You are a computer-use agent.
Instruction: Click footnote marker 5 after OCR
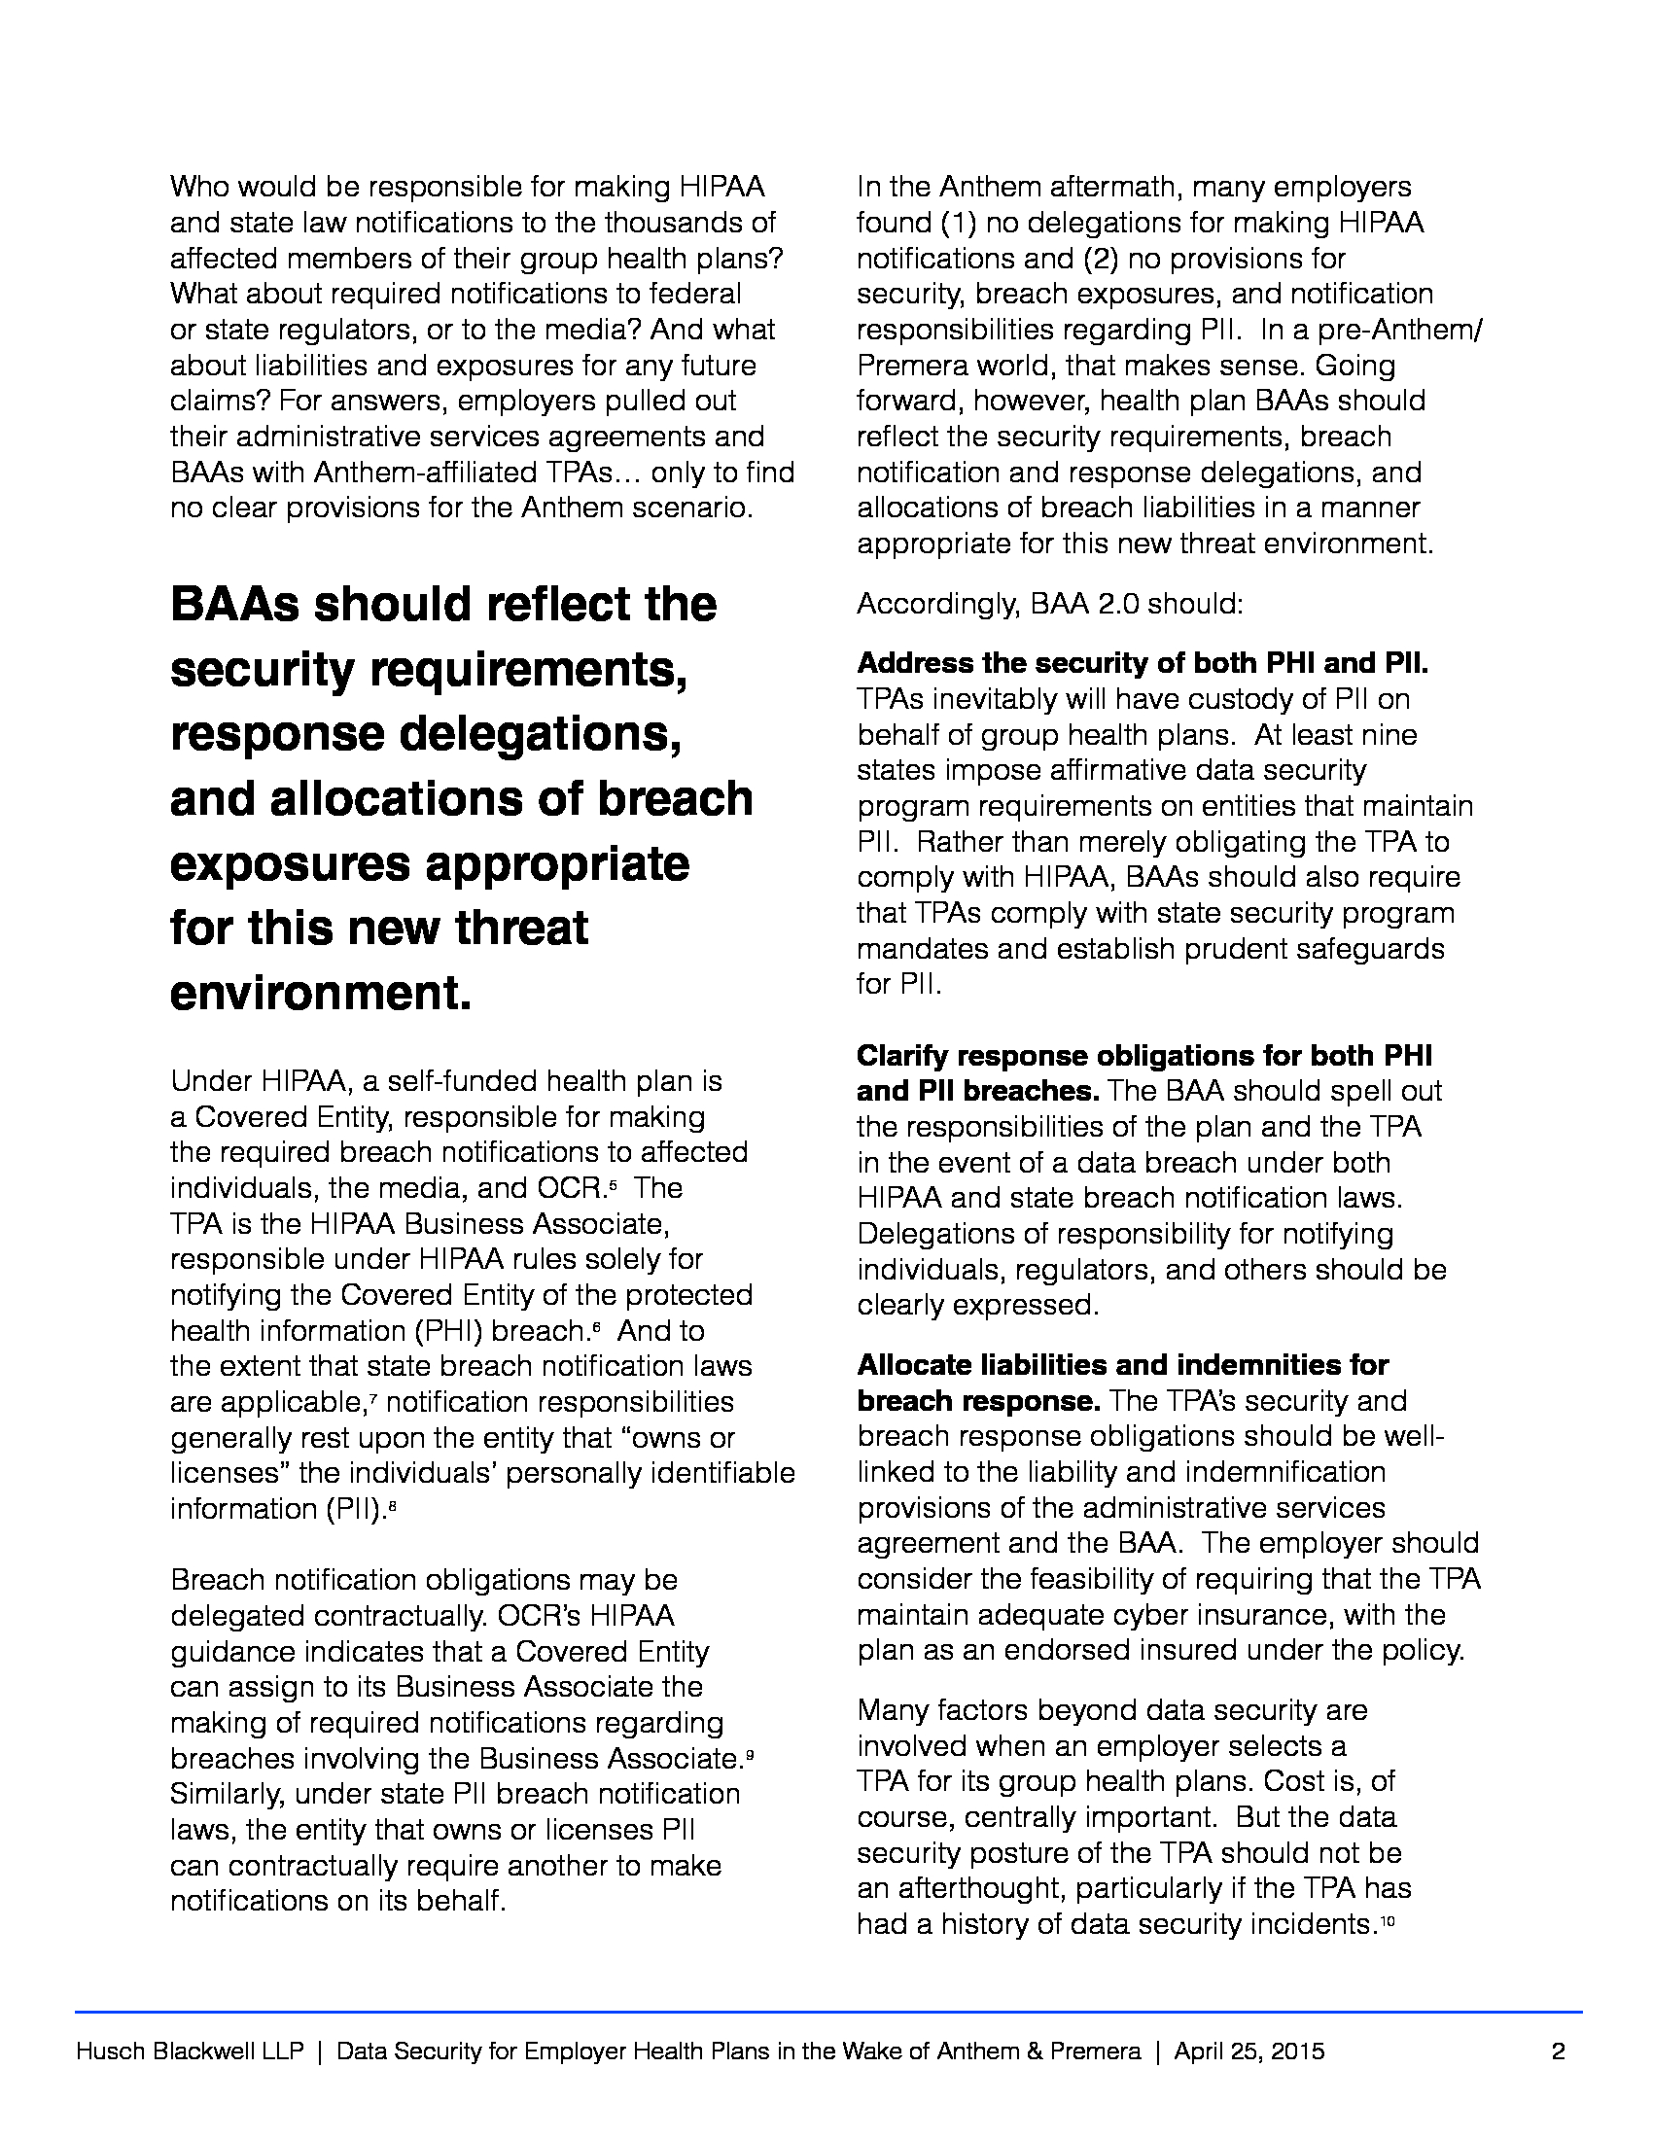tap(613, 1185)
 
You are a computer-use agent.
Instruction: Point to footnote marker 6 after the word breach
tap(595, 1327)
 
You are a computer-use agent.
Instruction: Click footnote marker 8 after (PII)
tap(392, 1506)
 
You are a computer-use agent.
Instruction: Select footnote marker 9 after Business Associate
tap(749, 1756)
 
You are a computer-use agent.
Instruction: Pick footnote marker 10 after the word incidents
tap(1387, 1921)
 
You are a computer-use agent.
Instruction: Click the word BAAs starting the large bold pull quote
tap(235, 605)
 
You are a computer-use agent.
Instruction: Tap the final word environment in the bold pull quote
tap(320, 993)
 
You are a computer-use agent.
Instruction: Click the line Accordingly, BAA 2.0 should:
tap(1050, 605)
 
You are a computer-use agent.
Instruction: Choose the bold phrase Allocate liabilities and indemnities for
tap(1122, 1365)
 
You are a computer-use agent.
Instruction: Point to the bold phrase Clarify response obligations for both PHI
tap(1143, 1056)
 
